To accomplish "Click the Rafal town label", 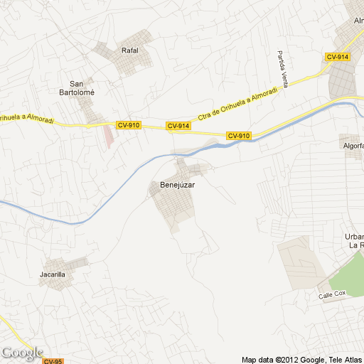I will [x=129, y=50].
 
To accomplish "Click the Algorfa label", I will [x=353, y=146].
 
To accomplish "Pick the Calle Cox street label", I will [x=331, y=294].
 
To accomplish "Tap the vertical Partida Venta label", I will [x=283, y=69].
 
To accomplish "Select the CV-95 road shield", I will [x=53, y=360].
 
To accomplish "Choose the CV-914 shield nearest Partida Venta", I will [x=337, y=57].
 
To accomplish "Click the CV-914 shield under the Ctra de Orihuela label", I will [x=178, y=126].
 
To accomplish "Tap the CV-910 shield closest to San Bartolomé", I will [x=129, y=125].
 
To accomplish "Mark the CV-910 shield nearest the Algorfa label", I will [x=239, y=136].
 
